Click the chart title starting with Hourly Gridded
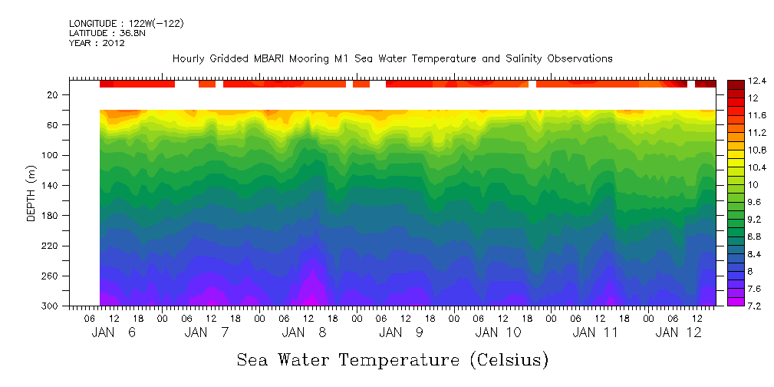point(392,59)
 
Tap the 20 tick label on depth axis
point(54,95)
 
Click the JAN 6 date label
point(113,332)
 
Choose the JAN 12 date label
point(680,332)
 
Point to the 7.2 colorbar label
point(756,306)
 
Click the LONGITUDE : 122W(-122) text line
point(126,24)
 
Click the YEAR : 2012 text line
point(97,43)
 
